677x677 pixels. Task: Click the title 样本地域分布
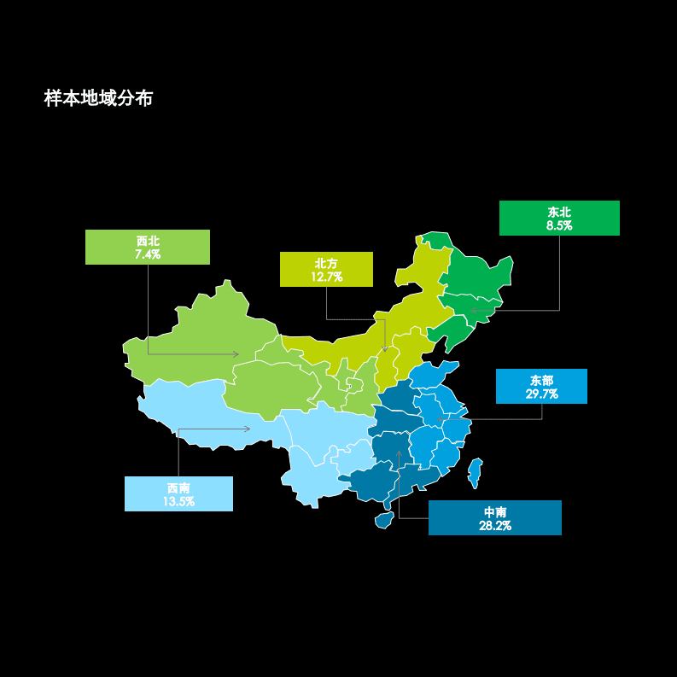coord(98,99)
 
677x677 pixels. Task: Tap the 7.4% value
coord(148,254)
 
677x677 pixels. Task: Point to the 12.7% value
coord(326,277)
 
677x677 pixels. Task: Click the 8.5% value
coord(559,225)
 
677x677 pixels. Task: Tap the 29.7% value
coord(541,394)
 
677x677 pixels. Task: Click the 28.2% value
coord(495,525)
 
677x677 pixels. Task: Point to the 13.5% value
coord(178,501)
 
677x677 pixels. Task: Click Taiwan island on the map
coord(476,471)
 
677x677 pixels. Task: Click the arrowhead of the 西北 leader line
coord(236,353)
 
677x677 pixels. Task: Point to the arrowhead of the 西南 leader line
coord(248,429)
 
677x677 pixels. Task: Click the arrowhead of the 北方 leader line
coord(385,349)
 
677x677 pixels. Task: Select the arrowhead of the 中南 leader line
coord(399,452)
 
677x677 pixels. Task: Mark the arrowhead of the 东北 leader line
coord(472,311)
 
